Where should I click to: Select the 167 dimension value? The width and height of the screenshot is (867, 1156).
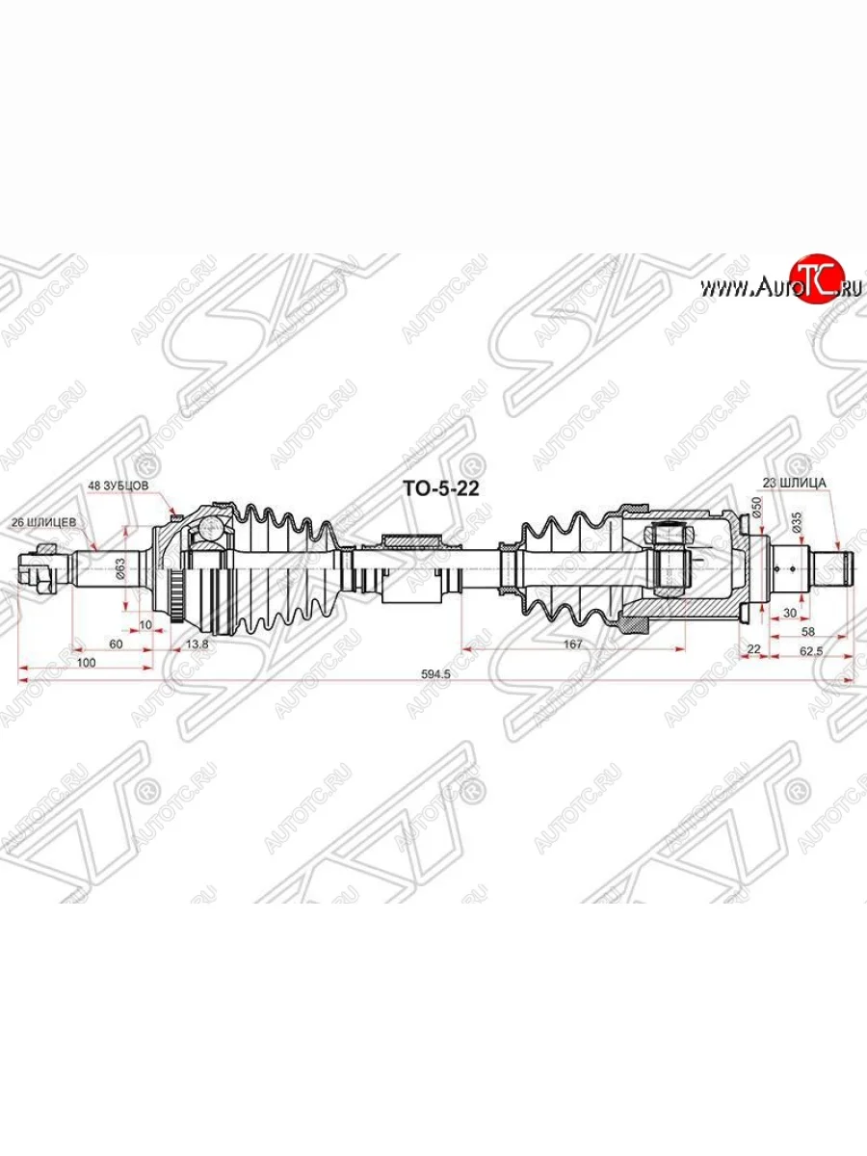click(x=572, y=645)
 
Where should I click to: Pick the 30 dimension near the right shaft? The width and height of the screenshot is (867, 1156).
click(x=790, y=613)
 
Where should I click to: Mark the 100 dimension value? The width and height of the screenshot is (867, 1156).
click(x=86, y=664)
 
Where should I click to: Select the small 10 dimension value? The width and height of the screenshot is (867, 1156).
click(x=144, y=624)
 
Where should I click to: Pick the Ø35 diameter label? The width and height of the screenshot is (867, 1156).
click(x=796, y=523)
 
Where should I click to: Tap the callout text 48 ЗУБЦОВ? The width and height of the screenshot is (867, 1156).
click(x=119, y=486)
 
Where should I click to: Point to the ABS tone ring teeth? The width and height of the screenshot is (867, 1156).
click(x=175, y=584)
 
